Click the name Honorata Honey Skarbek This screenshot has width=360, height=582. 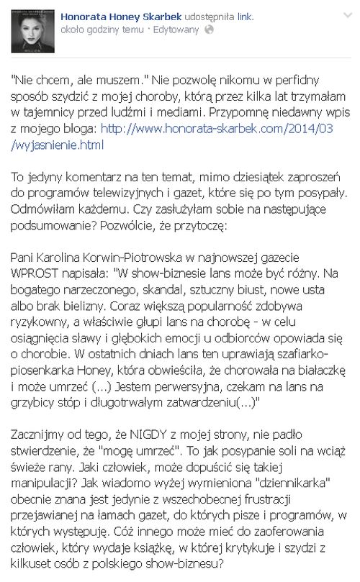pos(121,14)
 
